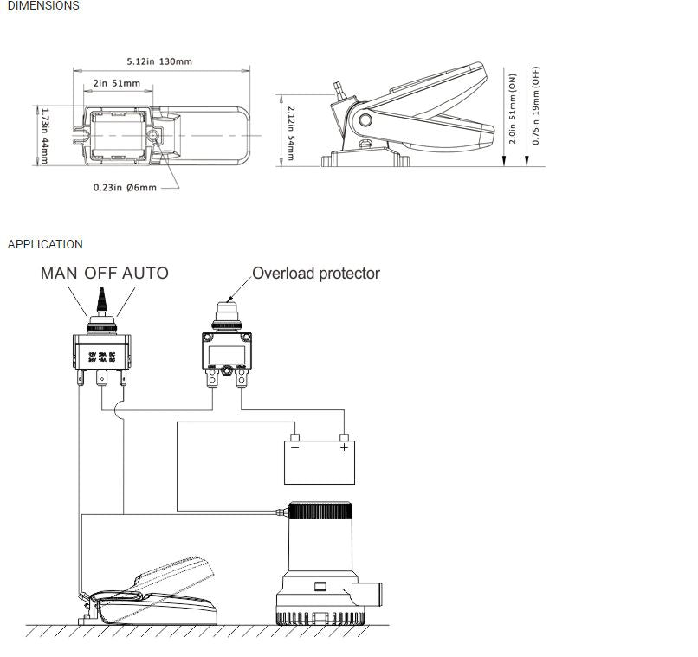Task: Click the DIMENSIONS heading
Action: coord(43,6)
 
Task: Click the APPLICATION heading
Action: coord(45,244)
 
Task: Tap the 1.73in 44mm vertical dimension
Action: coord(44,136)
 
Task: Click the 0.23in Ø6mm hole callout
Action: coord(125,187)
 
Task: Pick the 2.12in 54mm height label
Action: coord(291,133)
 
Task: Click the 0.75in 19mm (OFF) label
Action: coord(536,105)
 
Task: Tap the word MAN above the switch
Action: coord(60,274)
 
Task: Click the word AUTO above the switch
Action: coord(145,274)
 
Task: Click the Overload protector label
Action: coord(315,274)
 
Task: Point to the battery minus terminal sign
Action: coord(295,448)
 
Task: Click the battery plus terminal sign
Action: coord(344,448)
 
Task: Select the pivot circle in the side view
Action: coord(365,120)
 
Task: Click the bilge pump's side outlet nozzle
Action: coord(373,595)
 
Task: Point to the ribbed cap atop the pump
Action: coord(320,511)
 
